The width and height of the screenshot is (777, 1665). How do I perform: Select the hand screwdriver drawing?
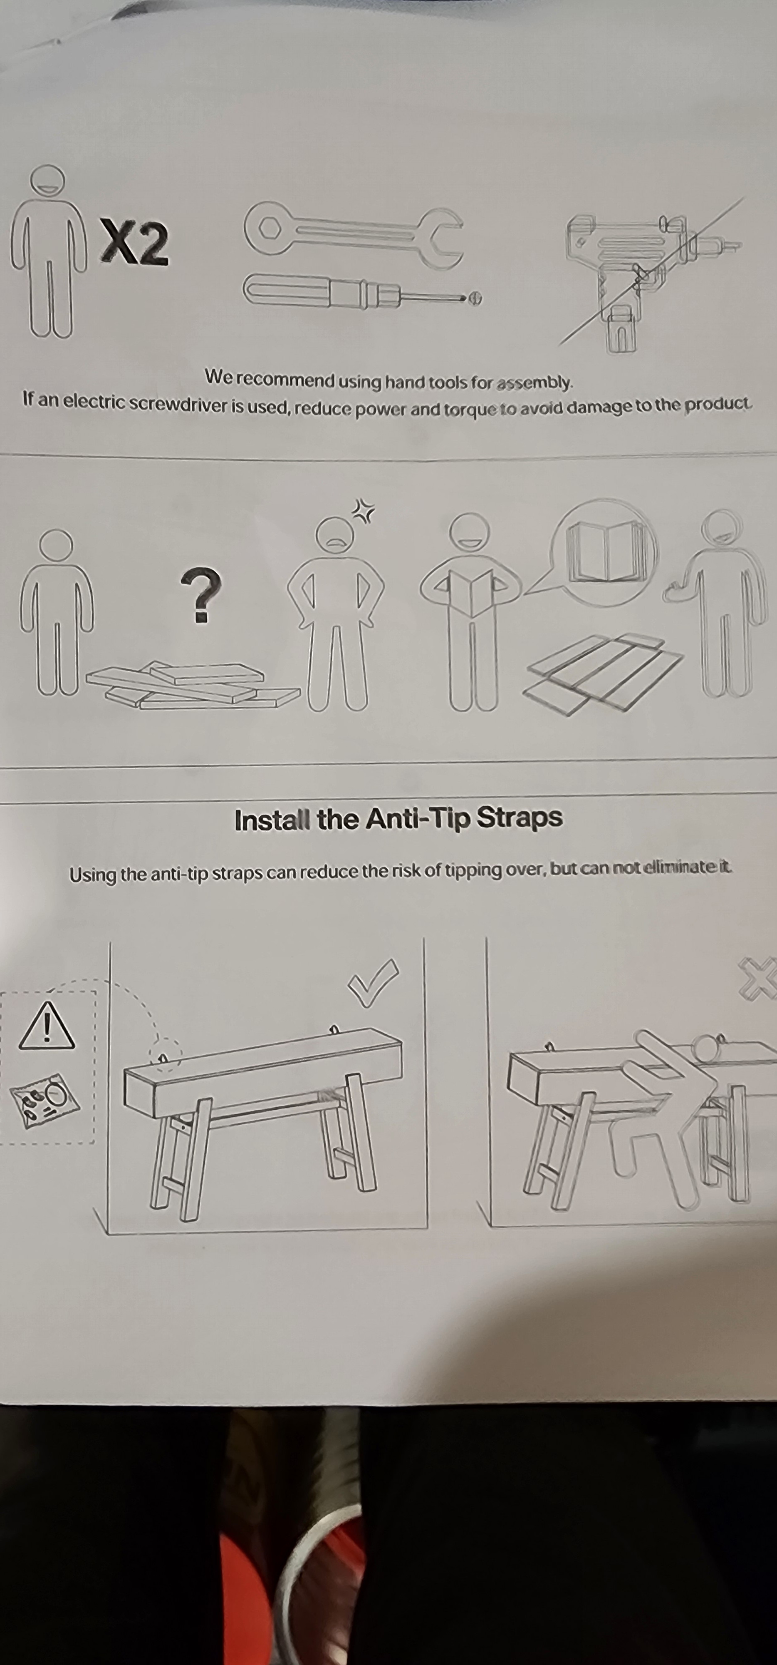pos(362,293)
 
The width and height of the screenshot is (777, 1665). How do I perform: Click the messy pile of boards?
pos(193,684)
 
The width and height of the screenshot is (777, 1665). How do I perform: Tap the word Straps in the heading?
pos(519,818)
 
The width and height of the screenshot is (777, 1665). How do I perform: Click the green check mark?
pos(373,982)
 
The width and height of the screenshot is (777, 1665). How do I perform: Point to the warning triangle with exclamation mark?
pos(47,1026)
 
